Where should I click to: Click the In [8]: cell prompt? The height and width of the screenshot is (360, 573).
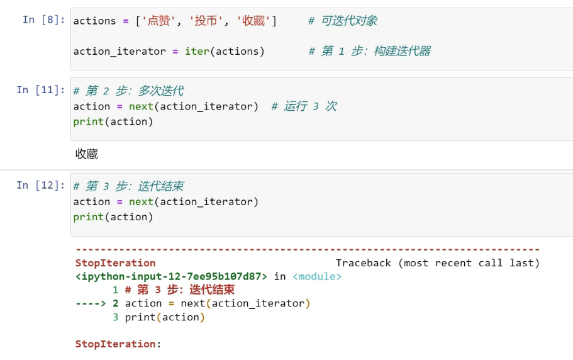(x=44, y=20)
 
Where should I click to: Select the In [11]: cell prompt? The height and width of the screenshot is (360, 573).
(x=40, y=90)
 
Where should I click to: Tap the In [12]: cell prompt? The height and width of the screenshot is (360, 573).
(x=40, y=185)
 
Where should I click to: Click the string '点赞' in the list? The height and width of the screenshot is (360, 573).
(x=159, y=21)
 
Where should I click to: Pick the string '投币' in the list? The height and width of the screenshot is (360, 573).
(x=206, y=21)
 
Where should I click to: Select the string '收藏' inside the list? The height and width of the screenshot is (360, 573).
(x=253, y=21)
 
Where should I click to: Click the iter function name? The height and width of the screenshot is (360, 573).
(x=197, y=51)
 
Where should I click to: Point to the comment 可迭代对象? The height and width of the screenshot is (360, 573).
(x=343, y=21)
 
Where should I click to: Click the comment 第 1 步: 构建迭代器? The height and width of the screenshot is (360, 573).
(x=370, y=51)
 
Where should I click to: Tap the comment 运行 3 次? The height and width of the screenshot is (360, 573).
(x=304, y=106)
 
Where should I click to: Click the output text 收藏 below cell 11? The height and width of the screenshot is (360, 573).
(x=87, y=154)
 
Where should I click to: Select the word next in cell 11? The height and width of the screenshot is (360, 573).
(x=141, y=106)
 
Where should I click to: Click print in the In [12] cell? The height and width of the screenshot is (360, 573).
(x=89, y=217)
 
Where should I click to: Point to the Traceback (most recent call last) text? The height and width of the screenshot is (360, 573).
(x=438, y=263)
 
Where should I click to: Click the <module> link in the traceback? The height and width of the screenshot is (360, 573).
(x=317, y=277)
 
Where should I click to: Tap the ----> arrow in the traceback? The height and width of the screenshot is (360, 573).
(x=91, y=303)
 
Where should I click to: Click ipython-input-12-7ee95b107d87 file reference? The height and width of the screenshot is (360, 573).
(x=171, y=277)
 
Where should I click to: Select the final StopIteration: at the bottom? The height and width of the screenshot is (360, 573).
(x=118, y=344)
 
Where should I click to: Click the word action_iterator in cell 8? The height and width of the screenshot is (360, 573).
(x=120, y=52)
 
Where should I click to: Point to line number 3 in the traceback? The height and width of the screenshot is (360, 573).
(x=116, y=317)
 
